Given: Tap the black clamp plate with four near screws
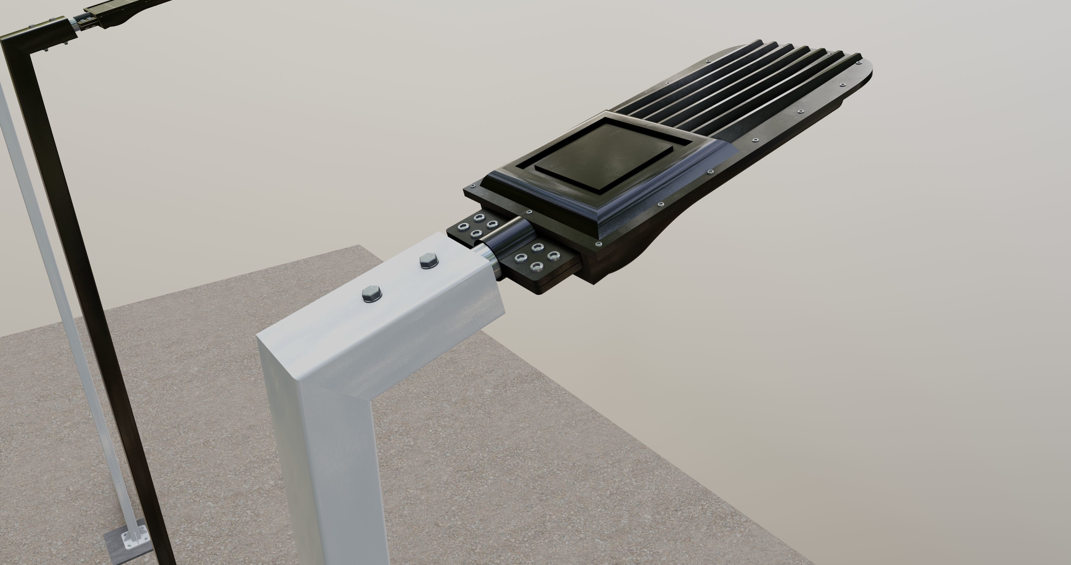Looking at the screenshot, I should [536, 262].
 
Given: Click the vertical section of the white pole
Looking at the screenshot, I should [333, 478].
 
